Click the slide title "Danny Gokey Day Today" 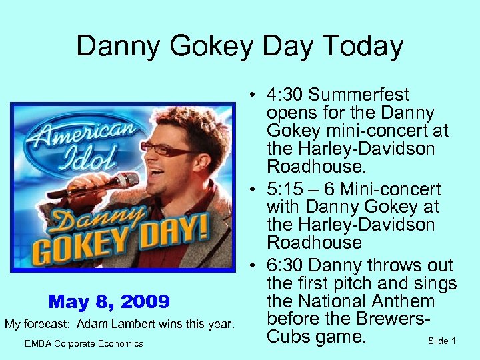239,47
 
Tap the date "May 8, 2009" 109,302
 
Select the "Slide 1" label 441,341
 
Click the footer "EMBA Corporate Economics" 83,343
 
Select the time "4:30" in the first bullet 285,95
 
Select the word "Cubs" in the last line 289,337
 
